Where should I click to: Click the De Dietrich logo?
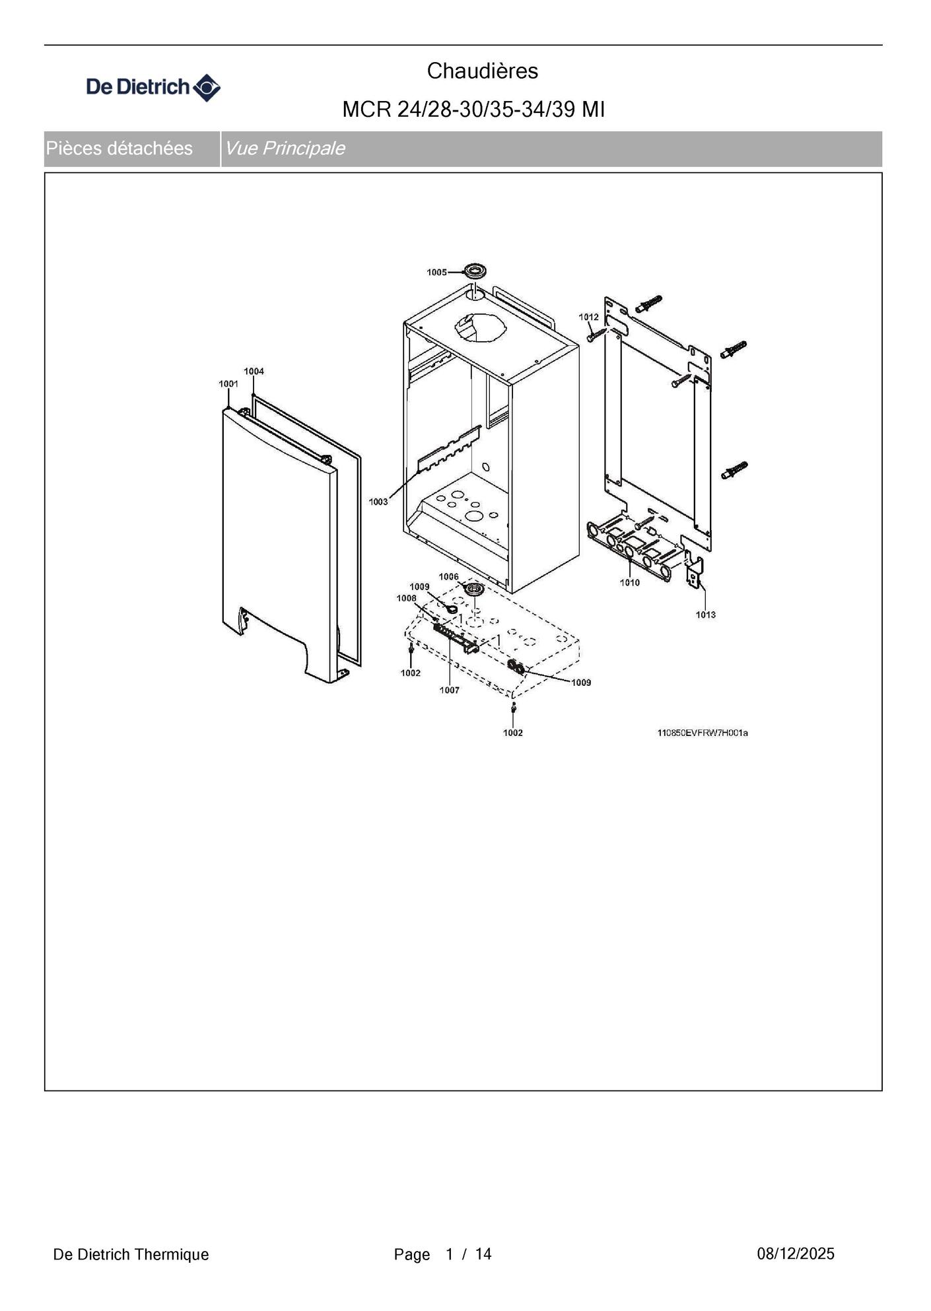pos(153,87)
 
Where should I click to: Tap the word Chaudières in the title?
pos(483,71)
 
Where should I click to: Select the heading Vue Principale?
pos(285,149)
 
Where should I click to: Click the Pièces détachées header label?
pos(119,149)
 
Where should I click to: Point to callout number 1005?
pos(436,272)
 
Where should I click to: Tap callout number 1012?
pos(588,317)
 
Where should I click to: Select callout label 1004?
pos(254,371)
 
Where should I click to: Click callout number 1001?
pos(228,384)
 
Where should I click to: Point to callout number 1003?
pos(378,502)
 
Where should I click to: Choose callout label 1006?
pos(448,576)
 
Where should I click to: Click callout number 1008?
pos(406,598)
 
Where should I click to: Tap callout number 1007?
pos(450,690)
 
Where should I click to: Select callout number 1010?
pos(629,582)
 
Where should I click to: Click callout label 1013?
pos(705,615)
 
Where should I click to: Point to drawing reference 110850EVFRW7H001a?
pos(703,733)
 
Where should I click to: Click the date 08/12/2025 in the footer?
pos(796,1254)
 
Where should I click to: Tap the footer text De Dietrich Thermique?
pos(131,1254)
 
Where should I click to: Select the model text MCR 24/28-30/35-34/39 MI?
pos(473,110)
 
